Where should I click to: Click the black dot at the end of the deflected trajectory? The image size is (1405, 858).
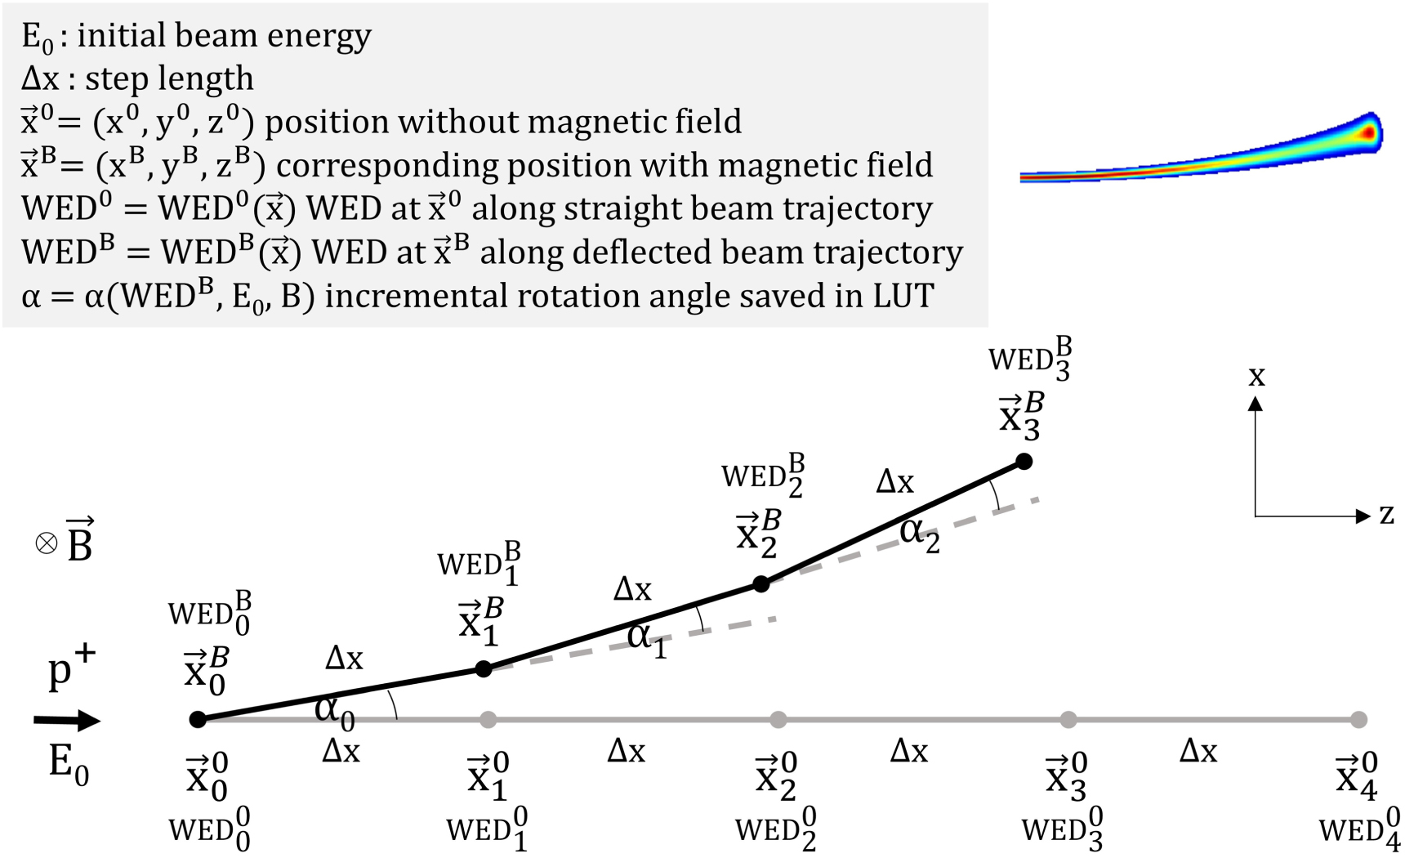pyautogui.click(x=1024, y=462)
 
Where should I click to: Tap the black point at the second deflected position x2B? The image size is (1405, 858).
pyautogui.click(x=760, y=584)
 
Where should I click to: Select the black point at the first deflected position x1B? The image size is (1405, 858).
pyautogui.click(x=484, y=669)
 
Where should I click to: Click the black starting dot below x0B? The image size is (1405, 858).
pyautogui.click(x=198, y=719)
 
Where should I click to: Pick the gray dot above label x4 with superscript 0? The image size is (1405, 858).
pyautogui.click(x=1358, y=719)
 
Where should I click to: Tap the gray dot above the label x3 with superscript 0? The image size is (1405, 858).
pyautogui.click(x=1068, y=719)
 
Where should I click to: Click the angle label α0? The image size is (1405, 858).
pyautogui.click(x=334, y=709)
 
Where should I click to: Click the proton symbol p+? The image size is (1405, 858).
pyautogui.click(x=70, y=668)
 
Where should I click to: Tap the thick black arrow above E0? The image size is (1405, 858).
pyautogui.click(x=67, y=720)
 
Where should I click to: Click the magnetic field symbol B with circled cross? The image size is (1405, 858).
pyautogui.click(x=65, y=541)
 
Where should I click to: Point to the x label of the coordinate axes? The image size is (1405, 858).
pyautogui.click(x=1256, y=376)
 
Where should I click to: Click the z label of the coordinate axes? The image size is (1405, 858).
pyautogui.click(x=1386, y=515)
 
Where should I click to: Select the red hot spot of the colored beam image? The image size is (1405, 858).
pyautogui.click(x=1367, y=132)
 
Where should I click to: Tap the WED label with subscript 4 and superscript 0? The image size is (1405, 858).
pyautogui.click(x=1359, y=829)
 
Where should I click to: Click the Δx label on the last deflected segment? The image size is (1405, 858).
pyautogui.click(x=894, y=482)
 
